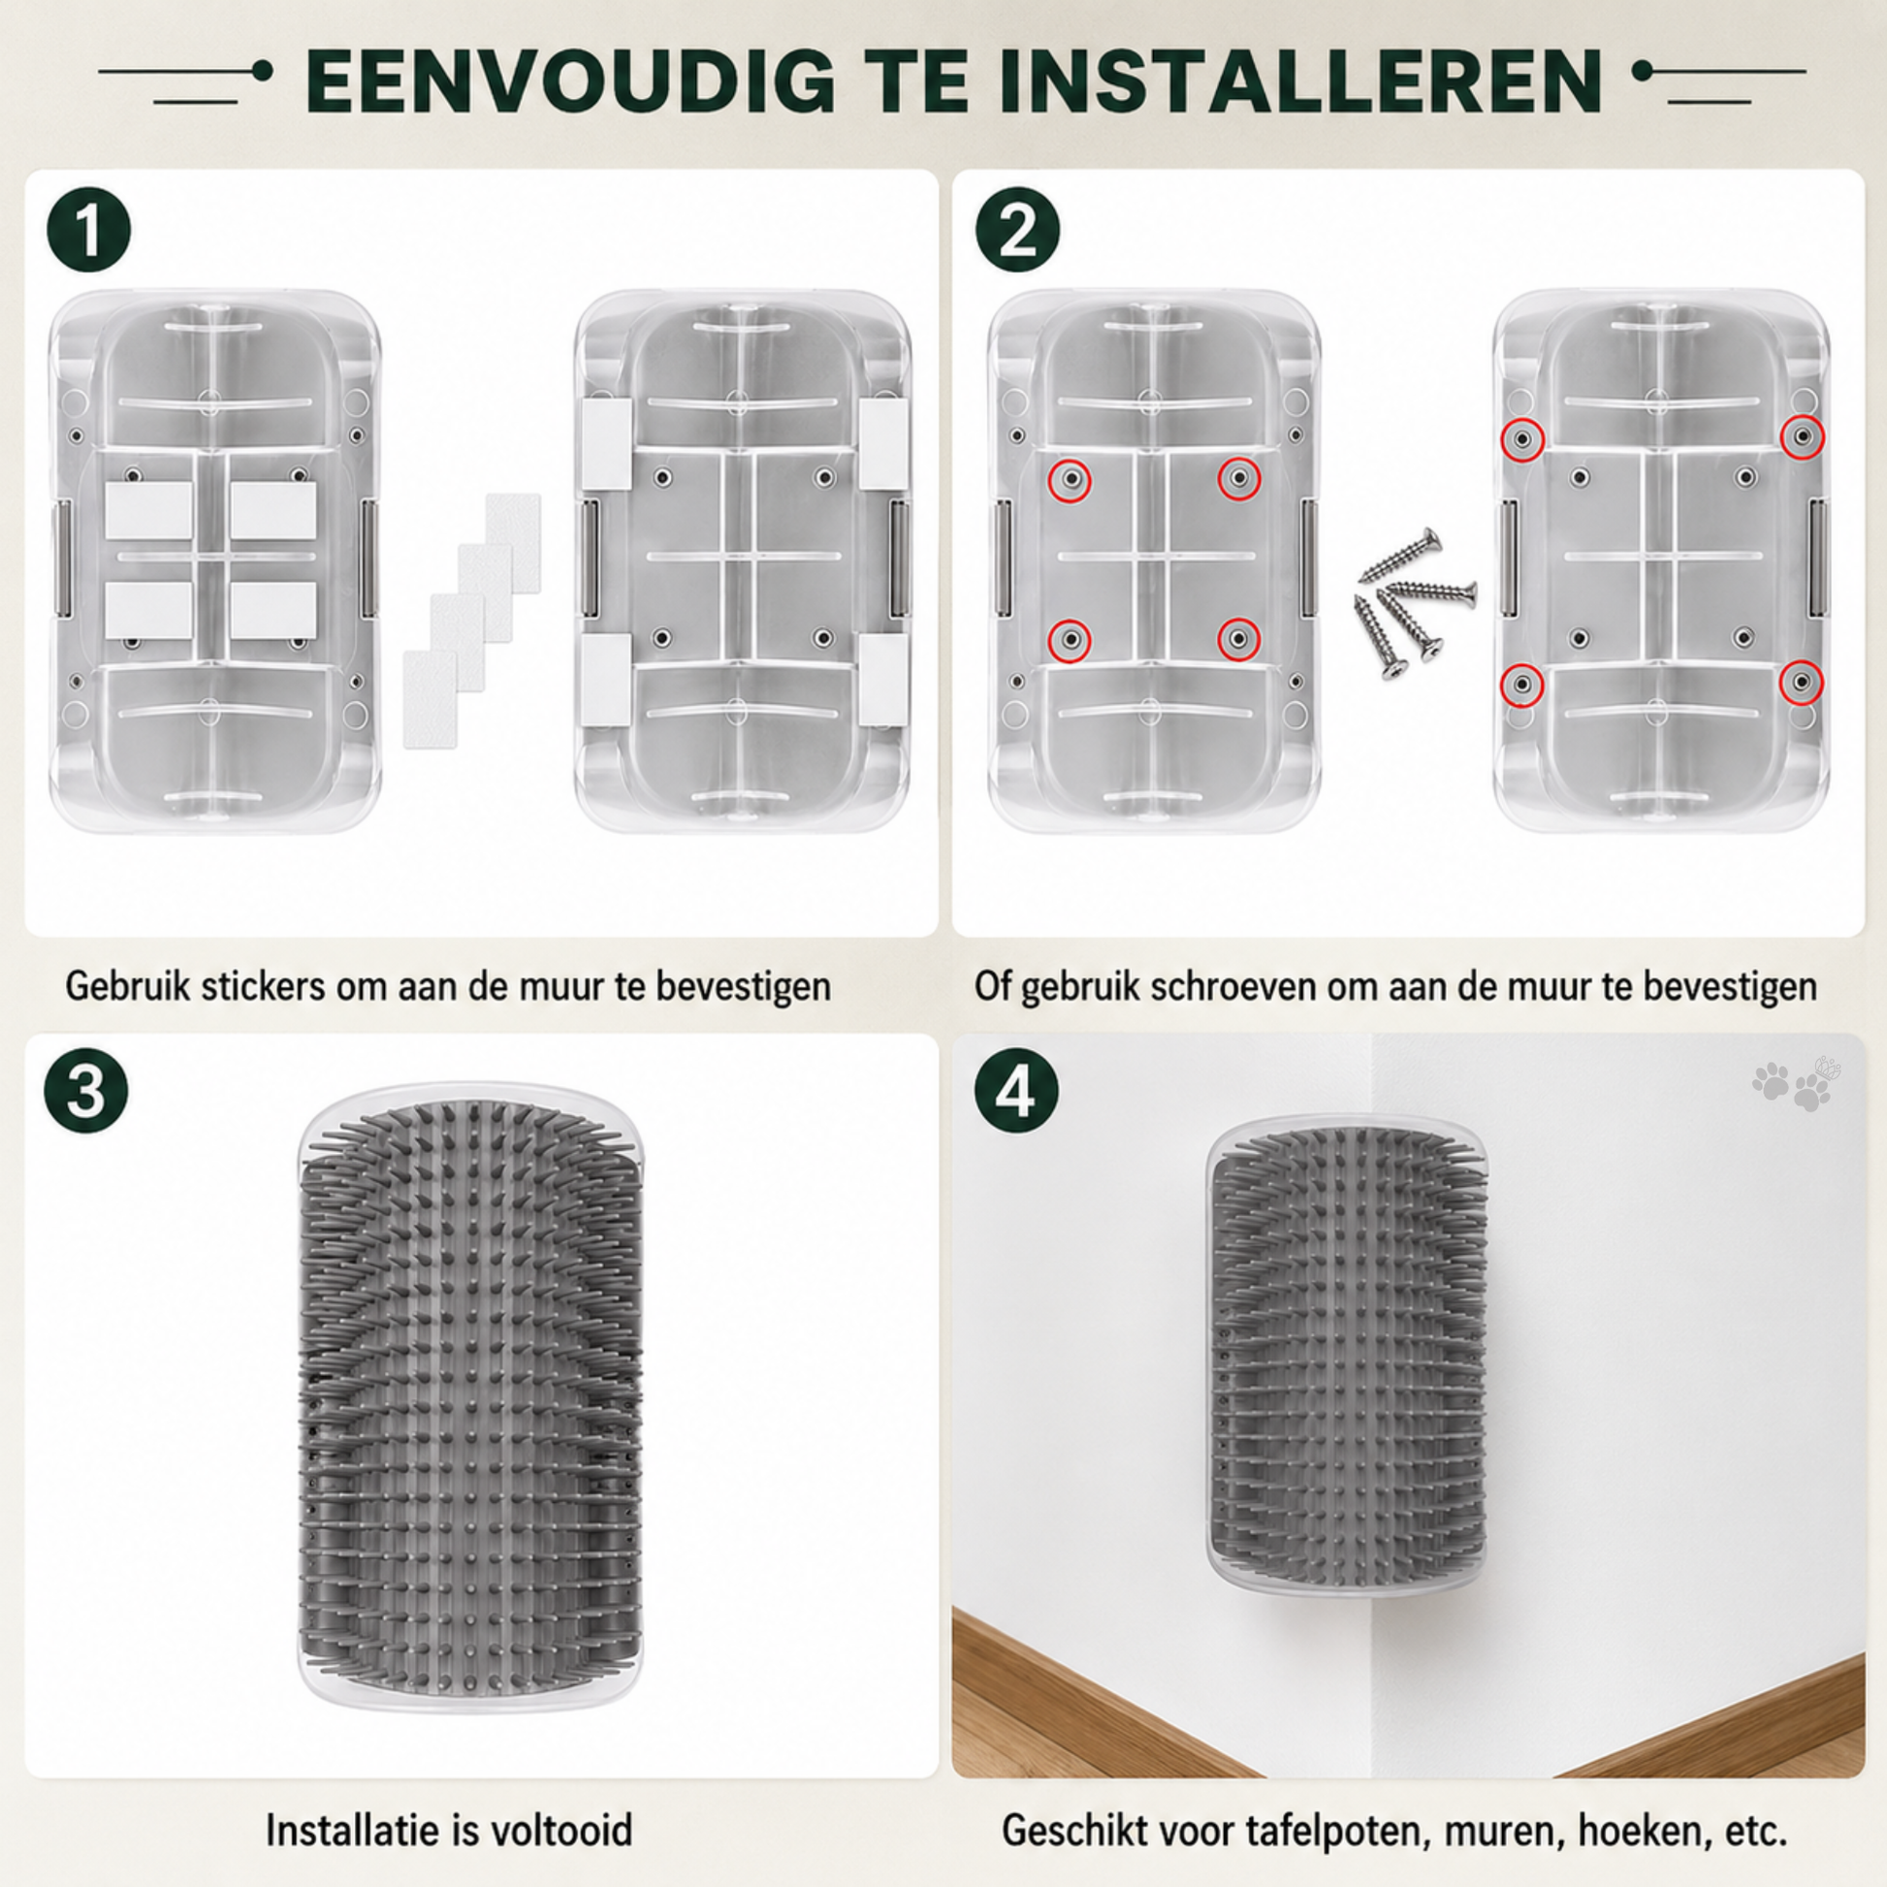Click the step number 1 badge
[89, 231]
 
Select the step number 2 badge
[1018, 231]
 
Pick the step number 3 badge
[86, 1091]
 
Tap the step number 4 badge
[1016, 1091]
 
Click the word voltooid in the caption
[561, 1831]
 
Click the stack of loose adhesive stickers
[471, 621]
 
